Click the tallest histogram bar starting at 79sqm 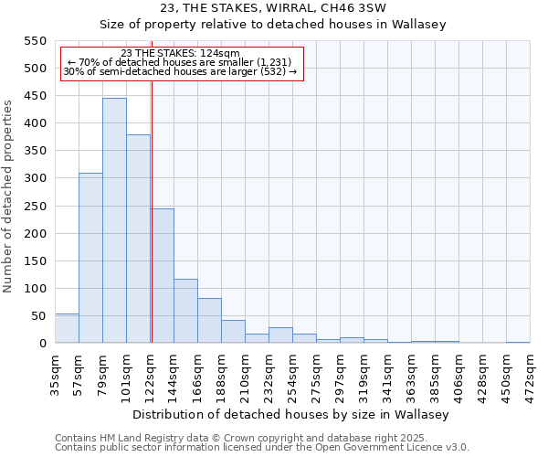click(x=114, y=220)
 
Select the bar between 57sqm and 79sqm click(x=90, y=258)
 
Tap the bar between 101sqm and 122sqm click(x=138, y=239)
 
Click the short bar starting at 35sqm click(x=67, y=328)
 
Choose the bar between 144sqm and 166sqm click(x=185, y=311)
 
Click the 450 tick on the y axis click(x=36, y=96)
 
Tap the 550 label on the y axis click(x=36, y=41)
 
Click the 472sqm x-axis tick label click(x=531, y=372)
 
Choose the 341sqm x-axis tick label click(x=388, y=372)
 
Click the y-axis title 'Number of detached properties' click(x=8, y=196)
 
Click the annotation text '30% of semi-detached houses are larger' click(x=180, y=72)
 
